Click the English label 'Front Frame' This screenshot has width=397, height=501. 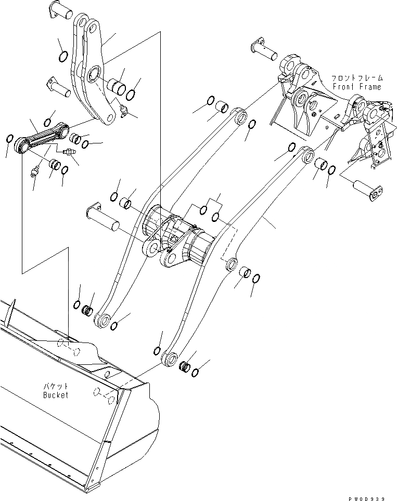356,87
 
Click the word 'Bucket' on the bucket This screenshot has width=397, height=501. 56,395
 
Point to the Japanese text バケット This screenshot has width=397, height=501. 56,387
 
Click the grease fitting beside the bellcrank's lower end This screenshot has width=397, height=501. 123,110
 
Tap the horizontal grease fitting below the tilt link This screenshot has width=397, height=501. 68,153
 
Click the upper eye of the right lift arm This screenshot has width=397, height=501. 306,154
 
